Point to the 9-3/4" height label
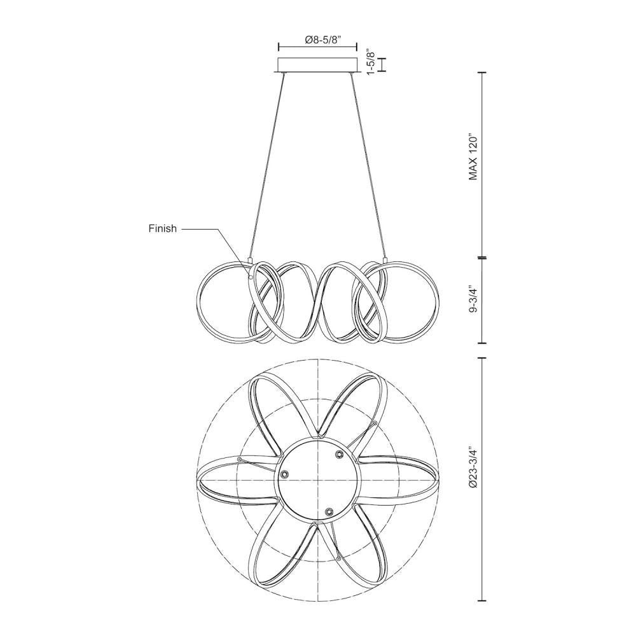tap(473, 300)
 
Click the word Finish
tap(162, 229)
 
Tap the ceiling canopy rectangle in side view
tap(317, 65)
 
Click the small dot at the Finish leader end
tap(251, 277)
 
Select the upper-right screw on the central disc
tap(339, 454)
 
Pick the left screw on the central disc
tap(285, 474)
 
